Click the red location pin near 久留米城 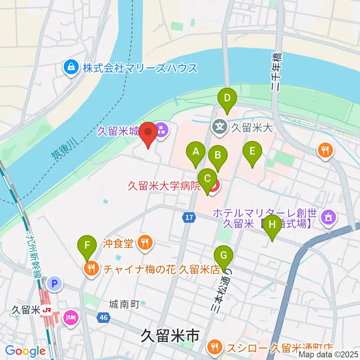point(149,133)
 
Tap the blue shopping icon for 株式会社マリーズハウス point(70,68)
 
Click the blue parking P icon point(55,284)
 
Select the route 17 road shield point(188,217)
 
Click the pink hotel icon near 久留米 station point(71,318)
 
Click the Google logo point(25,351)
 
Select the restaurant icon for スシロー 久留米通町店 point(214,347)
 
